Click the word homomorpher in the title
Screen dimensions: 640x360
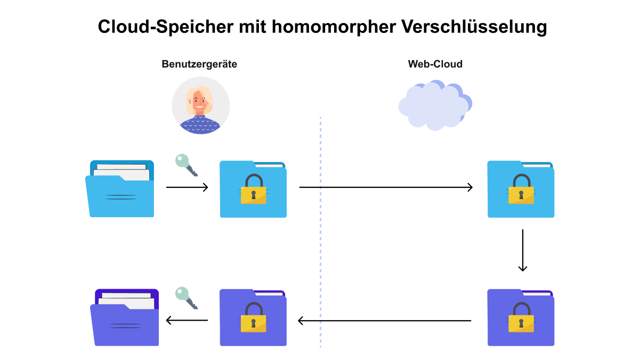coord(334,27)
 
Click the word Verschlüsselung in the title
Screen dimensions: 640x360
coord(474,27)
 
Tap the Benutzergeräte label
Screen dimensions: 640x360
coord(199,64)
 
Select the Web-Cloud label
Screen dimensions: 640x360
coord(435,64)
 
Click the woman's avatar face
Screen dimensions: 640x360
coord(200,101)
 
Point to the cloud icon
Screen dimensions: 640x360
coord(435,105)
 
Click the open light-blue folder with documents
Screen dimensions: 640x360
coord(120,189)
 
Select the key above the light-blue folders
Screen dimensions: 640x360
coord(187,165)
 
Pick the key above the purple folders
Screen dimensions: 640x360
coord(187,298)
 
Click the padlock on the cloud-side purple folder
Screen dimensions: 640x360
coord(521,317)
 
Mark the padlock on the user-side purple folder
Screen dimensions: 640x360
coord(254,317)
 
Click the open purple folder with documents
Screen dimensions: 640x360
coord(125,317)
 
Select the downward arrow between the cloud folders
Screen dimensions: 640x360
coord(523,250)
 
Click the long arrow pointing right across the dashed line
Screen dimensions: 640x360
coord(386,187)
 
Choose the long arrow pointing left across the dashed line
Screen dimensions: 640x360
coord(385,321)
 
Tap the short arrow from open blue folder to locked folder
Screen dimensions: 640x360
coord(187,187)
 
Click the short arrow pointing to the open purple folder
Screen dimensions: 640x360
coord(187,320)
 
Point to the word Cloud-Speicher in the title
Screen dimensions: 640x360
coord(166,27)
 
